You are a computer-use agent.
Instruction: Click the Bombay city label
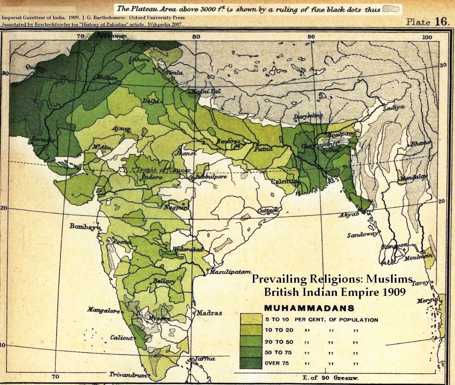[x=82, y=226]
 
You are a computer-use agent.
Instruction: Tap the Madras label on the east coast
[x=209, y=313]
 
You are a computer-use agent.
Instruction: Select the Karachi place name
[x=43, y=139]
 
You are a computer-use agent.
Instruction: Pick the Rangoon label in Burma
[x=394, y=246]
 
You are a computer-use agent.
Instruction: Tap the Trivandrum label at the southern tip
[x=128, y=374]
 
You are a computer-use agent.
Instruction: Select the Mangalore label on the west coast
[x=103, y=310]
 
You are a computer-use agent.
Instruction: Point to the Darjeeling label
[x=308, y=116]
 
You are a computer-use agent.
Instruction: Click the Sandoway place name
[x=362, y=234]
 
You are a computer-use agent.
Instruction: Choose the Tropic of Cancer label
[x=164, y=170]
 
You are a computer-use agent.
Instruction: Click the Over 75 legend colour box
[x=251, y=363]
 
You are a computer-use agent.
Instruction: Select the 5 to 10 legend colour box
[x=251, y=319]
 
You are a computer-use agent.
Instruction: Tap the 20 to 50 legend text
[x=279, y=342]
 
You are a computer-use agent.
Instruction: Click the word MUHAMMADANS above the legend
[x=309, y=308]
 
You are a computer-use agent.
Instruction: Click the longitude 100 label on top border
[x=427, y=37]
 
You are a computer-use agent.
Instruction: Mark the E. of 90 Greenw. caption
[x=330, y=378]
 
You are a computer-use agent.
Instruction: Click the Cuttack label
[x=268, y=211]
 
